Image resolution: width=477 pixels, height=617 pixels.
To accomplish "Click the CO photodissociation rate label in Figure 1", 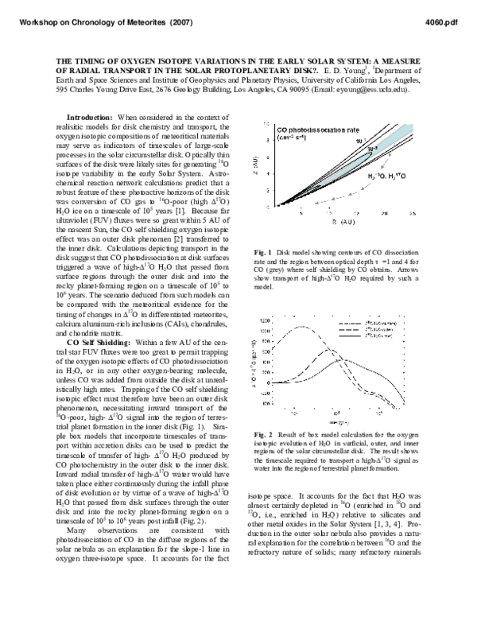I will [313, 127].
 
